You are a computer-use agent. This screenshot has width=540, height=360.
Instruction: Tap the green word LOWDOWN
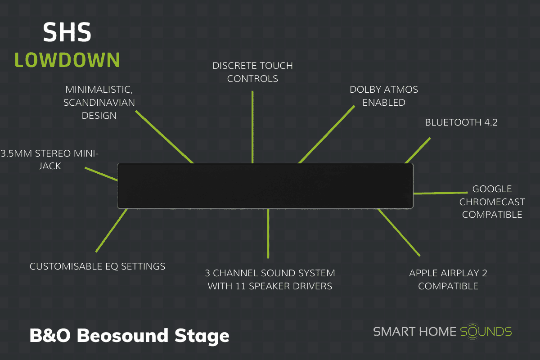click(x=67, y=60)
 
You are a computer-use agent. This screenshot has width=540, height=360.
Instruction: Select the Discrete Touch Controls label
click(x=252, y=72)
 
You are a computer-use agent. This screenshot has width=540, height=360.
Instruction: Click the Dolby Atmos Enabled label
click(x=384, y=96)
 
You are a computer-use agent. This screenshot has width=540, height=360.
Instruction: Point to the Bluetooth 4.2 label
click(x=461, y=122)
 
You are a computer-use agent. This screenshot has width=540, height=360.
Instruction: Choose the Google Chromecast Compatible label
click(x=492, y=202)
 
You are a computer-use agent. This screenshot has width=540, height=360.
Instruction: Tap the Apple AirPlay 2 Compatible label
click(x=448, y=279)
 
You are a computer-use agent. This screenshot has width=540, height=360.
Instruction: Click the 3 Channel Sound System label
click(x=270, y=279)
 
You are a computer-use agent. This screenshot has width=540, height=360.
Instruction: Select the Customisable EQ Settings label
click(x=97, y=266)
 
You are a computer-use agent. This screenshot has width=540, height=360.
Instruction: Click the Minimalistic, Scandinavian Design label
click(x=100, y=102)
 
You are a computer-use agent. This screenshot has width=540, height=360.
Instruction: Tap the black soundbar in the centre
click(x=265, y=186)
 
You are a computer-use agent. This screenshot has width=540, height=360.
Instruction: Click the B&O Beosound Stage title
click(x=129, y=336)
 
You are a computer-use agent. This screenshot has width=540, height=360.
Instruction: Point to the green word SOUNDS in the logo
click(x=486, y=332)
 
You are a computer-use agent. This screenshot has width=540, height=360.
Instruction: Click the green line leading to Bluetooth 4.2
click(x=418, y=150)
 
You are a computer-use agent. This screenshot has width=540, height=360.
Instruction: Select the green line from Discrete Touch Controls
click(x=252, y=126)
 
